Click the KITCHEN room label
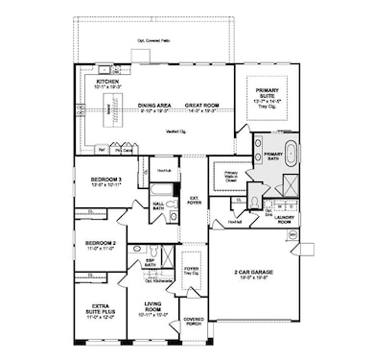point(106,83)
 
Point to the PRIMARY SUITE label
point(266,92)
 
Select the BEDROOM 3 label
point(105,179)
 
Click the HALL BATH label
point(158,204)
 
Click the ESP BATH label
point(150,260)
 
